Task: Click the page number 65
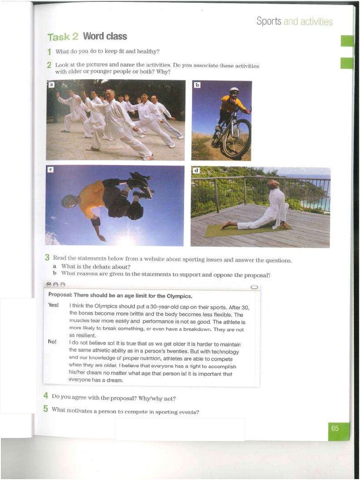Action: [x=335, y=428]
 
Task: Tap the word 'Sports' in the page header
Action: [x=269, y=22]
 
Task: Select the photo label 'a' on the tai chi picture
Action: [x=52, y=85]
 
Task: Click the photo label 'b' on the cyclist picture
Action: [x=197, y=85]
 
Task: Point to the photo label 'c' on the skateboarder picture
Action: [x=51, y=170]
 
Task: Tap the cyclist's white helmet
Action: [x=234, y=90]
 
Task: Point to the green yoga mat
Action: [x=248, y=229]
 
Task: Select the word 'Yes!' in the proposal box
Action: [x=53, y=305]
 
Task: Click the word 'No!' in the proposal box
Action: [x=52, y=342]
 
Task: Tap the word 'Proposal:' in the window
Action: [x=60, y=295]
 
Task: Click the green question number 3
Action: [x=47, y=257]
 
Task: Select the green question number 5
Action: [x=46, y=409]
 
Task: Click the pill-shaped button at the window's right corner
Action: [x=254, y=287]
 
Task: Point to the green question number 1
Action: [x=49, y=52]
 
